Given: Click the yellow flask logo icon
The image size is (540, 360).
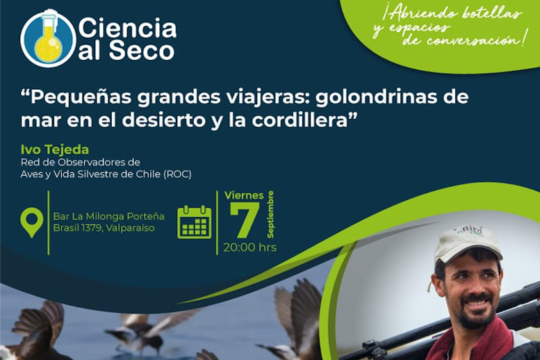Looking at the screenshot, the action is (x=48, y=38).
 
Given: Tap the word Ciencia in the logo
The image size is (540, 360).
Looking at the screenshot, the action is (x=127, y=28).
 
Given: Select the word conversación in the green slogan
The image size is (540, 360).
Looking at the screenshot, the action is (x=473, y=40).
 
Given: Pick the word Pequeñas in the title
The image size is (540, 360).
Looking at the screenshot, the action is (x=81, y=97).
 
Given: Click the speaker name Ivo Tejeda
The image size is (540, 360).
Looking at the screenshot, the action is (x=55, y=149).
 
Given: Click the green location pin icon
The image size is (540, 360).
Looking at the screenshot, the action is (x=32, y=222).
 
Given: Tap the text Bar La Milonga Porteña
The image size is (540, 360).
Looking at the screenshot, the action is (x=109, y=216).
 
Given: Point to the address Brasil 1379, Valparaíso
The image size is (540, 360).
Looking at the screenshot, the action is (x=104, y=228).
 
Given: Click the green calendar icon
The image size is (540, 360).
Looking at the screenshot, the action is (x=194, y=222).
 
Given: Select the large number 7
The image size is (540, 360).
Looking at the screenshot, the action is (x=245, y=220).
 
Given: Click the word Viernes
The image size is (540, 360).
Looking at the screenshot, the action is (x=244, y=195).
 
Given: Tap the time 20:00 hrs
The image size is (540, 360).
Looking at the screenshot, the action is (x=250, y=247).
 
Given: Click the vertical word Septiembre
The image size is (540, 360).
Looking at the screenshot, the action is (x=270, y=214).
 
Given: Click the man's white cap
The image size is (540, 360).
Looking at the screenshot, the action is (x=466, y=243).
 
